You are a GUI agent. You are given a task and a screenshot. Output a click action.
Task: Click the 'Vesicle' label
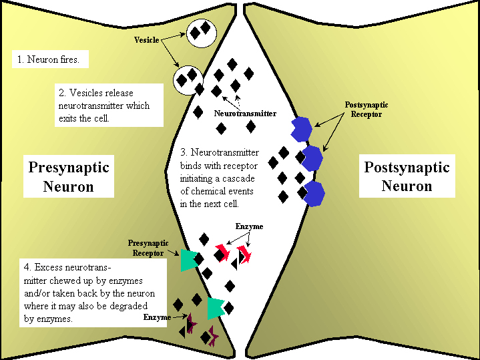tap(147, 40)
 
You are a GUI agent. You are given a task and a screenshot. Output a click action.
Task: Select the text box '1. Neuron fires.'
tap(51, 59)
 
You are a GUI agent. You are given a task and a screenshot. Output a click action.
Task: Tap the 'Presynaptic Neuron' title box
tap(68, 176)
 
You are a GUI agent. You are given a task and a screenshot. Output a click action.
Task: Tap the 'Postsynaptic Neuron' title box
tap(407, 176)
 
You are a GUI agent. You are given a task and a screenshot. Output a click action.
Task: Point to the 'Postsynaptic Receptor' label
tap(366, 109)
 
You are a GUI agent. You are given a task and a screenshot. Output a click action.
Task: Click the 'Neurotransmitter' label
tap(245, 114)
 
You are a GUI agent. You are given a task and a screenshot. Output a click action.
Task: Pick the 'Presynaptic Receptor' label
tap(148, 248)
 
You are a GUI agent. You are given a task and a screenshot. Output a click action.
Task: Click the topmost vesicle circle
tap(200, 31)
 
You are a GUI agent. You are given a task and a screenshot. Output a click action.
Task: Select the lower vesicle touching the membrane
tap(188, 79)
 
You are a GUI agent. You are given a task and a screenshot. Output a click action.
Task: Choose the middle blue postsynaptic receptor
tap(312, 158)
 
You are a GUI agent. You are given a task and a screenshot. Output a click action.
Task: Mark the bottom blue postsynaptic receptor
tap(313, 193)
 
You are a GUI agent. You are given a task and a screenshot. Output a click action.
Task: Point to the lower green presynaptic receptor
tap(216, 309)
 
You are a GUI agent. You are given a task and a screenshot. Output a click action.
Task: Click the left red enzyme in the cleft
tap(222, 254)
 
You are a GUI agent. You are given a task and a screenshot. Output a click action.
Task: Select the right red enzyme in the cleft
tap(244, 254)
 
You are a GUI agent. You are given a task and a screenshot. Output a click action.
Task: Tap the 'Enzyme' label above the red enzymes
tap(249, 226)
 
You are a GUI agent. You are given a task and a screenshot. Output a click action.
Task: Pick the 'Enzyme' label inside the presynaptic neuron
tap(157, 317)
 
